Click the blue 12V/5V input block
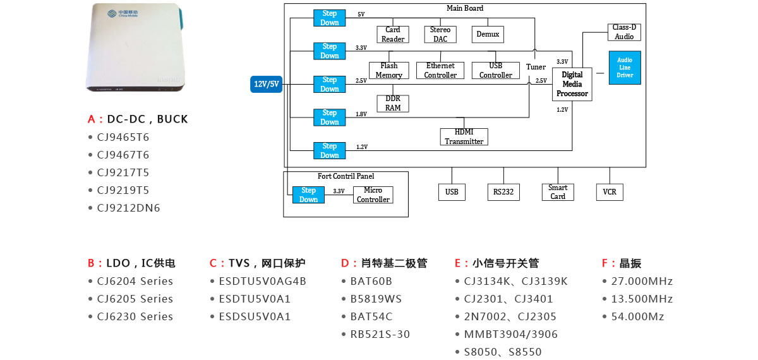266,84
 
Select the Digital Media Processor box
572,84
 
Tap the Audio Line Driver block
624,68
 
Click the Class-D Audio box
624,32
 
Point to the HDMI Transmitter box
464,137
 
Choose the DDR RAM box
393,104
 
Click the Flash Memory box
388,71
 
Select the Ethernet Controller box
440,71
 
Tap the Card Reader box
392,34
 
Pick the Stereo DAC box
440,34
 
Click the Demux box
487,34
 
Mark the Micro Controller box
373,195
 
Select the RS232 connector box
503,192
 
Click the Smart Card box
558,192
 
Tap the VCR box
610,192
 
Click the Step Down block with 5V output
330,18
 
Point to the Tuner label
536,67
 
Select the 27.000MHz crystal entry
642,281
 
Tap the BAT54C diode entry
371,316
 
